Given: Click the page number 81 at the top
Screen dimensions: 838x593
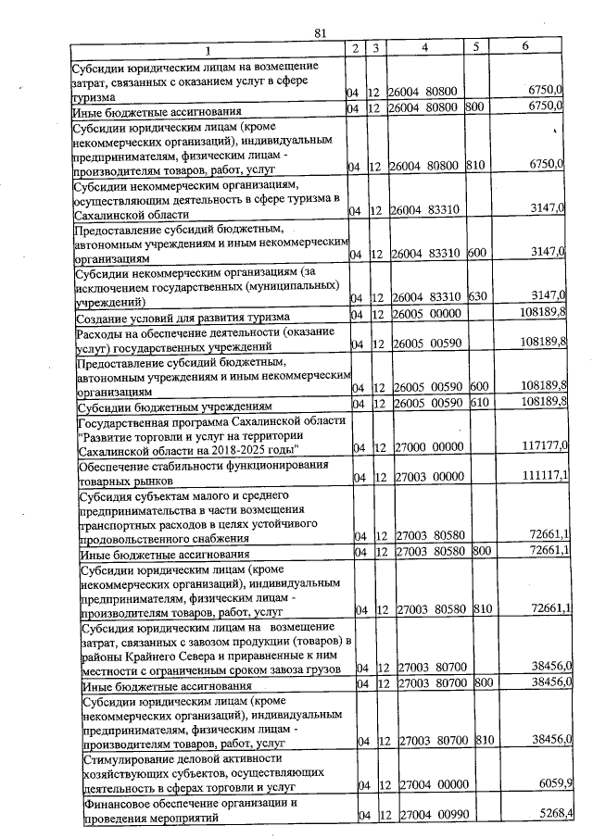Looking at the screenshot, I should click(322, 33).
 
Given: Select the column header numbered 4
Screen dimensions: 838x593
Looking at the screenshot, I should click(423, 48).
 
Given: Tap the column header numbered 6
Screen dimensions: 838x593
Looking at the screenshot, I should click(525, 47).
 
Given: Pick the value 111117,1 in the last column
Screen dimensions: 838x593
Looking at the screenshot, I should click(544, 477).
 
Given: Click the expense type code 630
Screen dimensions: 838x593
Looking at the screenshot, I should click(478, 296).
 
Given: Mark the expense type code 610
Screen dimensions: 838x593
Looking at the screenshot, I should click(479, 405).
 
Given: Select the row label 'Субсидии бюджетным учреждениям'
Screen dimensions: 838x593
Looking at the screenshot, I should click(173, 406).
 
